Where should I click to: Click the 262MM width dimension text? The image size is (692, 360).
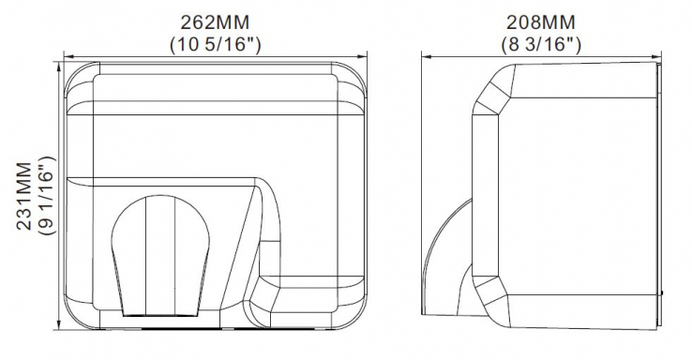(x=215, y=22)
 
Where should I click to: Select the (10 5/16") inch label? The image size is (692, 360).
(x=216, y=45)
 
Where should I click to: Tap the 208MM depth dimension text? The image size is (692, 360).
(x=541, y=22)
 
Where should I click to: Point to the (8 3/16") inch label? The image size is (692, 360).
(x=541, y=45)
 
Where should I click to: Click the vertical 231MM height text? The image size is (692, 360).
(x=24, y=196)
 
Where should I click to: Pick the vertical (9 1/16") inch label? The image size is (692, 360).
(x=47, y=195)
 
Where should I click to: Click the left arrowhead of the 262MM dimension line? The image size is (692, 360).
(x=68, y=56)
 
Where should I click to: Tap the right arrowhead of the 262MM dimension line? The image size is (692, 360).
(x=362, y=56)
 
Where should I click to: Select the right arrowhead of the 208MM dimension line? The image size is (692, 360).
(x=656, y=56)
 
